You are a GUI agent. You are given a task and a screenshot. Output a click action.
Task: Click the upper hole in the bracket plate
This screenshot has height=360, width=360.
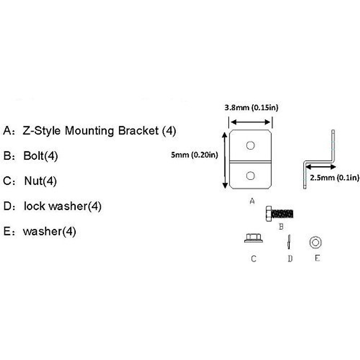pos(250,146)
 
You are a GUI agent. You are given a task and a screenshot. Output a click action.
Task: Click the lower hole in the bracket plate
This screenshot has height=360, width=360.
pos(250,175)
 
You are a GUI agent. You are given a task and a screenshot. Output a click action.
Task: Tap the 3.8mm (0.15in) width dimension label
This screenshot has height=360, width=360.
pos(251,107)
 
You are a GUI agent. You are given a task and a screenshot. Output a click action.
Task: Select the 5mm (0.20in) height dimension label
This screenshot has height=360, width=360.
pos(194,155)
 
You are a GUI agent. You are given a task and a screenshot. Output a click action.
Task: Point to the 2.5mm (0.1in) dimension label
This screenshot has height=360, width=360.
pos(334,178)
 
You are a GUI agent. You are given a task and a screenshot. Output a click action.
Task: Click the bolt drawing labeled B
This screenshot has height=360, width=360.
pos(279,214)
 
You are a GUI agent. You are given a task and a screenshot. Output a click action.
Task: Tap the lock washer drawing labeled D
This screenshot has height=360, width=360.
pos(289,241)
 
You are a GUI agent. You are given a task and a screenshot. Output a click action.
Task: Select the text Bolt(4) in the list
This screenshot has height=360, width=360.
pos(40,156)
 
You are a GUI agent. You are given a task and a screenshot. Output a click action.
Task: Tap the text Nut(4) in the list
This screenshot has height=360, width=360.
pos(40,181)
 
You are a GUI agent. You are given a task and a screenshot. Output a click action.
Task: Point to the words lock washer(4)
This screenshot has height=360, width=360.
pos(63,206)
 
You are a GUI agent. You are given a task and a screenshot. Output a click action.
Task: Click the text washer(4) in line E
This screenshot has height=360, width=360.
pos(49,231)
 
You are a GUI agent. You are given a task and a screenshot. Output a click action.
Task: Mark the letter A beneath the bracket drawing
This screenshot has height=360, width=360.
pos(252,201)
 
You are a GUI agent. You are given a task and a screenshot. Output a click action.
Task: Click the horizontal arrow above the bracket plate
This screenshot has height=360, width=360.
pos(250,122)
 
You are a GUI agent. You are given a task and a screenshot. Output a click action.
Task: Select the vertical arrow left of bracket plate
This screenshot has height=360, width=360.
pos(225,160)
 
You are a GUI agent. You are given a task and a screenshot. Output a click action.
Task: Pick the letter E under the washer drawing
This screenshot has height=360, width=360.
pos(317,258)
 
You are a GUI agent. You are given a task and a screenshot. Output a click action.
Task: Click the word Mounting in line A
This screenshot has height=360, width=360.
pos(89,131)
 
